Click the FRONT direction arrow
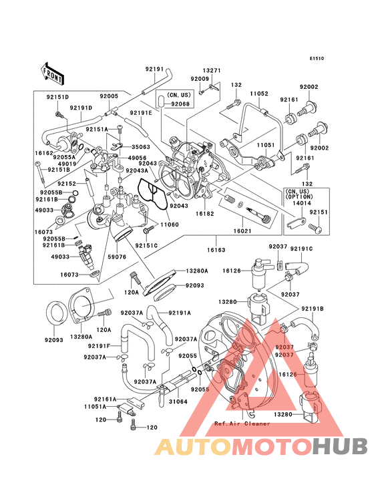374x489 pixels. (53, 69)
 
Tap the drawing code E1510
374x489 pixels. (317, 58)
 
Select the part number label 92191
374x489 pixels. (154, 69)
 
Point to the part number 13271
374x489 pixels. (212, 69)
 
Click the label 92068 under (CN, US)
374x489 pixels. (180, 104)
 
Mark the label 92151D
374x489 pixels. (58, 97)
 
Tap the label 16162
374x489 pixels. (44, 153)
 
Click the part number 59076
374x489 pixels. (117, 257)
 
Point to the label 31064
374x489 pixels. (178, 401)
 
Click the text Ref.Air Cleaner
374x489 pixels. (242, 424)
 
